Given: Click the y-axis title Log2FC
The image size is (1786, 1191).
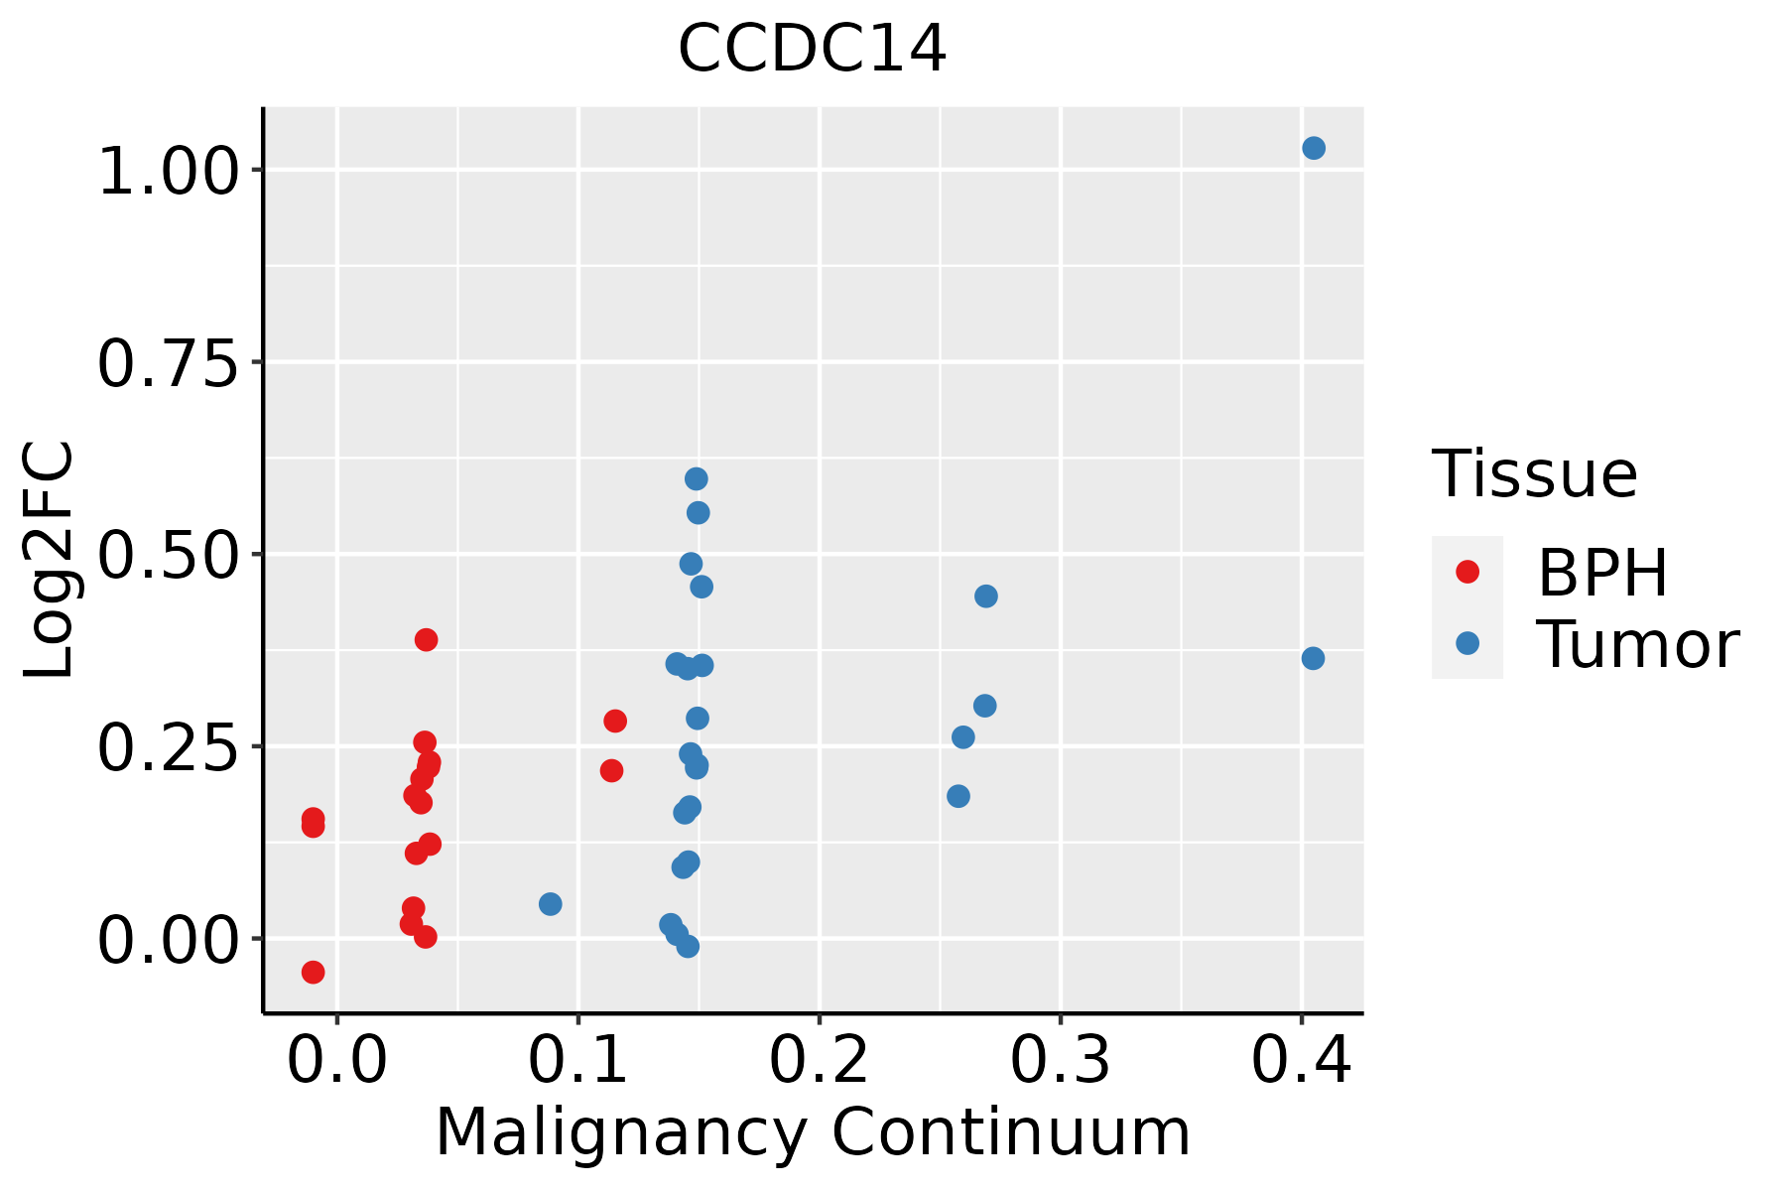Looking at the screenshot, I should click(x=50, y=561).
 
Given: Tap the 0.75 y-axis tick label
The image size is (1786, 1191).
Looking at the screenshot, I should click(x=169, y=363).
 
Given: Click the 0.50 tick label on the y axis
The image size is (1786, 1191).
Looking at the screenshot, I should click(x=169, y=555).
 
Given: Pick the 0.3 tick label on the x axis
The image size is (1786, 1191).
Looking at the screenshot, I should click(x=1060, y=1060).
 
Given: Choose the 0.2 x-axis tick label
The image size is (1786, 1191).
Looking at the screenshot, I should click(x=819, y=1060).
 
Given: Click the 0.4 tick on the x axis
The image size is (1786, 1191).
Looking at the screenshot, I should click(x=1301, y=1060).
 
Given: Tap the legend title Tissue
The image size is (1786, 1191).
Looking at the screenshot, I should click(x=1535, y=474).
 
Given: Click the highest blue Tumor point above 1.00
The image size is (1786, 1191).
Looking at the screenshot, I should click(x=1314, y=149).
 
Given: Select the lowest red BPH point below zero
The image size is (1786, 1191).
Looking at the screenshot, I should click(x=314, y=972).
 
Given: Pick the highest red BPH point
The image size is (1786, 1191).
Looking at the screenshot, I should click(x=427, y=639).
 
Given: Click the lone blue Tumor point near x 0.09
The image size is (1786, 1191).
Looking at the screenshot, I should click(x=551, y=904).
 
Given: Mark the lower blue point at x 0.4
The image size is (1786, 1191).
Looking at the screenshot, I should click(x=1313, y=659).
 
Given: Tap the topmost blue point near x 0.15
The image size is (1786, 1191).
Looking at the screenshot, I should click(x=697, y=479).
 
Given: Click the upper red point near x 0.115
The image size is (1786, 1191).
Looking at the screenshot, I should click(x=615, y=721).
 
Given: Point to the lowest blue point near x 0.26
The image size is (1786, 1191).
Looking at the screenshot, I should click(x=958, y=796).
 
